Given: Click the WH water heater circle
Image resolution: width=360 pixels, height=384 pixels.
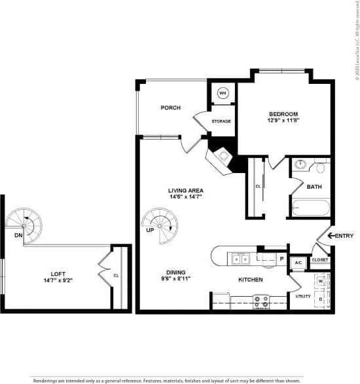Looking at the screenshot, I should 223,93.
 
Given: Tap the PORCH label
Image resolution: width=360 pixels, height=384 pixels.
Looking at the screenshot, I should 170,108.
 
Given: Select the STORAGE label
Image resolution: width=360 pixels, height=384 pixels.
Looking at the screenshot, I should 221,121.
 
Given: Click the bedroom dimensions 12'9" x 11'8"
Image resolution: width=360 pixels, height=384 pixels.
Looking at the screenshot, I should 283,121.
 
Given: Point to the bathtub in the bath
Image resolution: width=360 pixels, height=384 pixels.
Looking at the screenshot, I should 310,209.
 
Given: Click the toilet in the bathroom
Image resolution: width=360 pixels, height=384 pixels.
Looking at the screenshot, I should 320,168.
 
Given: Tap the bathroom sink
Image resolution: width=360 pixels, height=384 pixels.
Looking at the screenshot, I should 300,164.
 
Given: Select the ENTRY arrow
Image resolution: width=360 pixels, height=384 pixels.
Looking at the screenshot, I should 330,235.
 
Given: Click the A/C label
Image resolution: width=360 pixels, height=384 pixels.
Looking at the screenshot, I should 298,263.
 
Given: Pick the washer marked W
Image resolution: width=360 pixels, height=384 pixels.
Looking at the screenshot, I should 321,281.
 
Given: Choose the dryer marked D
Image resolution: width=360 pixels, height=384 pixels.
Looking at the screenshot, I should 321,299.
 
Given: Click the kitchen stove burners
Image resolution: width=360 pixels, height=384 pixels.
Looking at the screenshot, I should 261,301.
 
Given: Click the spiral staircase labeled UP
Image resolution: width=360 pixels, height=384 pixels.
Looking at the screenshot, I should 160,225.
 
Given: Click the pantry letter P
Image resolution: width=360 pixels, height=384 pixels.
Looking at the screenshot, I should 281,259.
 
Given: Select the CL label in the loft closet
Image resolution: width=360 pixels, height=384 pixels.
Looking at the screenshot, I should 117,275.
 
